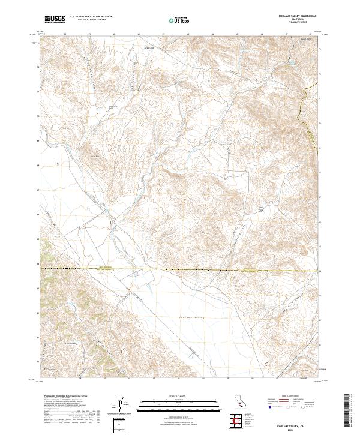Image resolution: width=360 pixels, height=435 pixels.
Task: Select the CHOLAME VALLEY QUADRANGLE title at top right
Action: [x=301, y=16]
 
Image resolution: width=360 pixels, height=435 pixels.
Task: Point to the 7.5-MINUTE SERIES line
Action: [x=301, y=23]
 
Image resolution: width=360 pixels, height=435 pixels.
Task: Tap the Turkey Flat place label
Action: [x=148, y=47]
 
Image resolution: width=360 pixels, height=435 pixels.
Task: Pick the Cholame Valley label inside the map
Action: [x=192, y=317]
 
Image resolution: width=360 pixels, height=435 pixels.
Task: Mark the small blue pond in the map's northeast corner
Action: [x=292, y=62]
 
